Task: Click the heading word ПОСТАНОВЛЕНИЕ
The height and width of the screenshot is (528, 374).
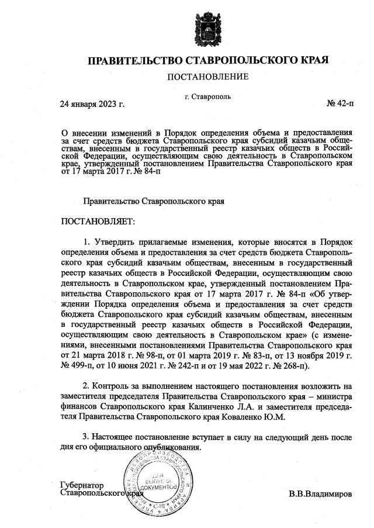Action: [207, 77]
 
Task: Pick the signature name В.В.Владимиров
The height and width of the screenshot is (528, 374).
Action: [320, 494]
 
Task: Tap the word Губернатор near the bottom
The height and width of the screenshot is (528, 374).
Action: [81, 485]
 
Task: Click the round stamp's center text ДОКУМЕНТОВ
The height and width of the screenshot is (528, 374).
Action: [153, 486]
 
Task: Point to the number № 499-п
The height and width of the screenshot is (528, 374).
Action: [80, 367]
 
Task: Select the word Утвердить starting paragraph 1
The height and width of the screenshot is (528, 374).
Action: [114, 241]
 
